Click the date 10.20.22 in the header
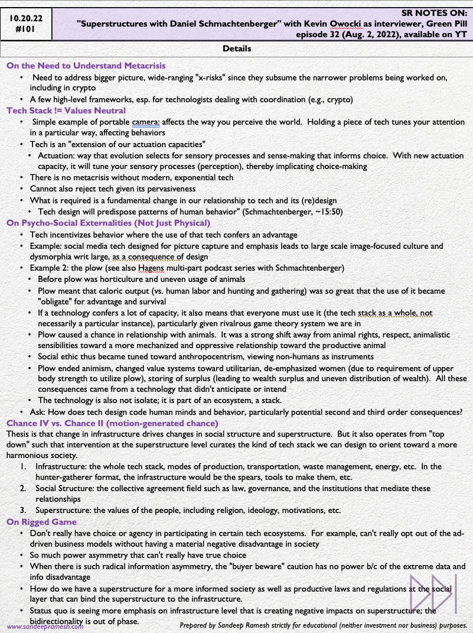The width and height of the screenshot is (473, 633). tap(30, 18)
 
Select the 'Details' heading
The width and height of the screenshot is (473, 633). tap(237, 48)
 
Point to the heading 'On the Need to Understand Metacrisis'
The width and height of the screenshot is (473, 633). tap(86, 66)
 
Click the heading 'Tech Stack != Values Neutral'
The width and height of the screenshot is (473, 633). tap(66, 111)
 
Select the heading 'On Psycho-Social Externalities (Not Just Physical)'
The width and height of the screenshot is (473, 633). tap(108, 223)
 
